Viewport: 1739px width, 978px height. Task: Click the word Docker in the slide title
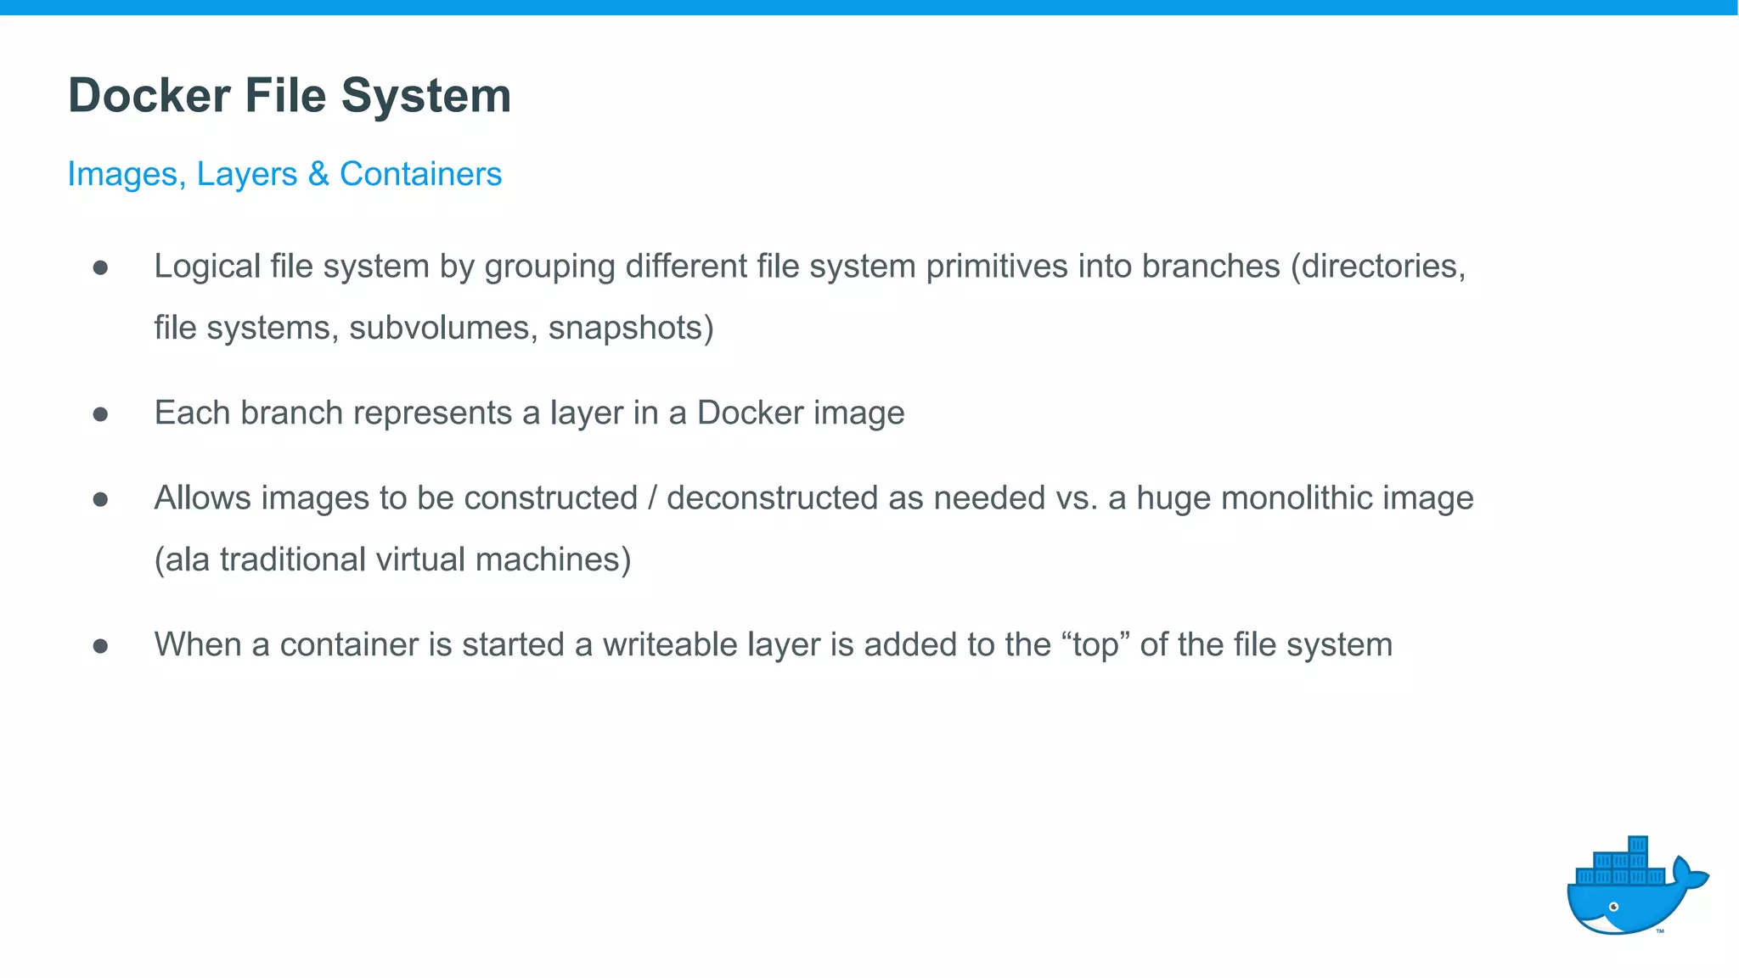click(149, 95)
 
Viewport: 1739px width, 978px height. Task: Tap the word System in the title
click(425, 95)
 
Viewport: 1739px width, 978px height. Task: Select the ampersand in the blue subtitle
click(318, 174)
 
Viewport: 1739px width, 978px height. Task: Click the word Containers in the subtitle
click(420, 174)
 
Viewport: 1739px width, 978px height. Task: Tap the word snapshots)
click(631, 328)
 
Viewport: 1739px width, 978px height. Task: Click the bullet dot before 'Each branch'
click(100, 414)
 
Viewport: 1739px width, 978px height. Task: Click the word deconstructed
click(771, 498)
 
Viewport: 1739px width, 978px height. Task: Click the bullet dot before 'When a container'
click(100, 646)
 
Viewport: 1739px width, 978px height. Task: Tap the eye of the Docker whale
click(1614, 907)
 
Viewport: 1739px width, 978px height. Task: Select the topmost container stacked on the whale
click(1638, 845)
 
